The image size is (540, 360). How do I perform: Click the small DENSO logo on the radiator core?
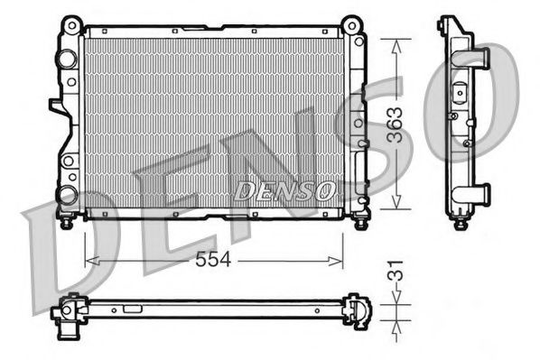coord(285,190)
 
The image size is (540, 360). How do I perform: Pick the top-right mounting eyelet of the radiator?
coord(355,22)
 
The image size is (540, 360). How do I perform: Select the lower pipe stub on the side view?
coord(482,191)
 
